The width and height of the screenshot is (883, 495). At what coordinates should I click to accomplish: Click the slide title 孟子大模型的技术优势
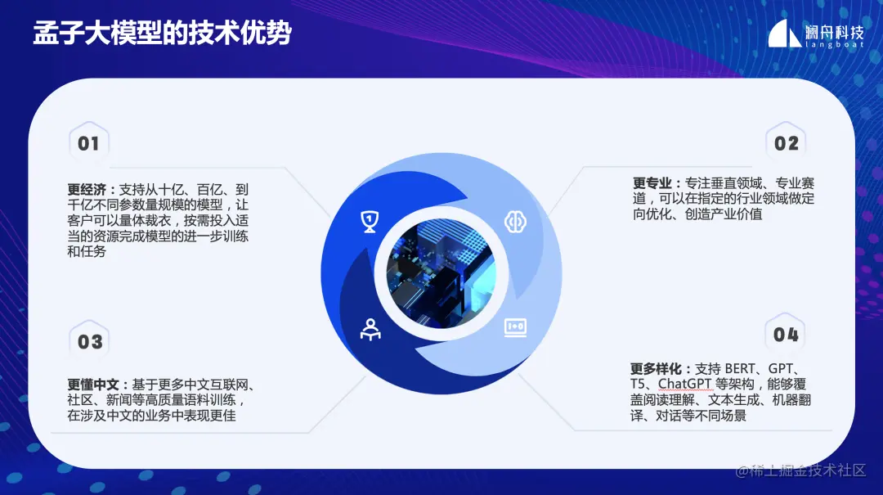pos(161,34)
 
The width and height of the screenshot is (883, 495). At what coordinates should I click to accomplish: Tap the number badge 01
pos(88,144)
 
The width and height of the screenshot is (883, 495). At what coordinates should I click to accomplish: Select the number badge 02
pos(786,144)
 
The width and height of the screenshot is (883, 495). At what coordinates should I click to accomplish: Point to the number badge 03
pos(90,341)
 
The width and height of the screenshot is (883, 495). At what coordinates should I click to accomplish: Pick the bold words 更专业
pos(652,183)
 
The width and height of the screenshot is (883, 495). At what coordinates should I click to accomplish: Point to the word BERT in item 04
pos(741,369)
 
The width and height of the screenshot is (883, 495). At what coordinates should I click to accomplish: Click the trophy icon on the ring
pos(370,219)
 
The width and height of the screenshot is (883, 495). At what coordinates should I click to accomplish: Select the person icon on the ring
pos(370,329)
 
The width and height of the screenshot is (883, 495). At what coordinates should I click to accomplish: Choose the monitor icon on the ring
pos(515,326)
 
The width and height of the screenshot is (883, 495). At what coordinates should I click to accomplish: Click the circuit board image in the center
pos(442,273)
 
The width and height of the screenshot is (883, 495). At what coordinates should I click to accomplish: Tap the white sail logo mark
pos(784,34)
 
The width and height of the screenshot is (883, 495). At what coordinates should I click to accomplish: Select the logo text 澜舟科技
pos(836,31)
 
